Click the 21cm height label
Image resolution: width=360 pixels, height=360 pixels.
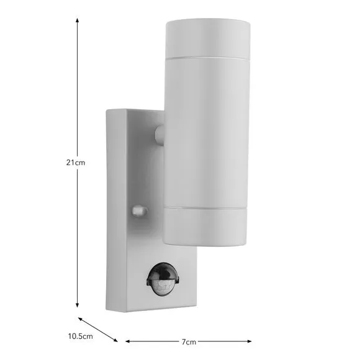[x=76, y=163]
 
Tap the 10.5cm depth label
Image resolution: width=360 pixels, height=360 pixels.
[x=80, y=336]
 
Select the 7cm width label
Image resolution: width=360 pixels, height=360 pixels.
[x=189, y=342]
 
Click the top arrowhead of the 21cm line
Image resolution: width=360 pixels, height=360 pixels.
[x=78, y=20]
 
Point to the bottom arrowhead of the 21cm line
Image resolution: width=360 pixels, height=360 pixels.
[x=78, y=305]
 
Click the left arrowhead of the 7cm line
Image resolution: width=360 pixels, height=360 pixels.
[x=128, y=341]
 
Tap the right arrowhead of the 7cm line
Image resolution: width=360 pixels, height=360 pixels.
[x=250, y=341]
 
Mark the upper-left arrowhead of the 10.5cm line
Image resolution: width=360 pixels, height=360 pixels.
[x=80, y=319]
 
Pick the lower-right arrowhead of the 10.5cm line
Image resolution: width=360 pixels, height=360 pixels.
[x=115, y=340]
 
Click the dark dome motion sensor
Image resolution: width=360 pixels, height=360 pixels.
[x=163, y=279]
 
